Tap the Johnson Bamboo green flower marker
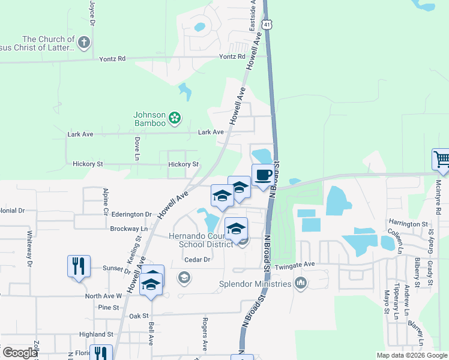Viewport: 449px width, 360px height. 175,118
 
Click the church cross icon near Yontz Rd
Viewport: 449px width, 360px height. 84,43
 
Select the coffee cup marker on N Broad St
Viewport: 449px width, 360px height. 262,175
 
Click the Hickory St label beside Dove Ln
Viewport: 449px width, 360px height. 183,164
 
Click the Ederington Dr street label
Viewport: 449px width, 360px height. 131,214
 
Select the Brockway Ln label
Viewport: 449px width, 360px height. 128,229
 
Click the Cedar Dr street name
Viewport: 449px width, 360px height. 197,260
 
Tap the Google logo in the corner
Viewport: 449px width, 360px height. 20,352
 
